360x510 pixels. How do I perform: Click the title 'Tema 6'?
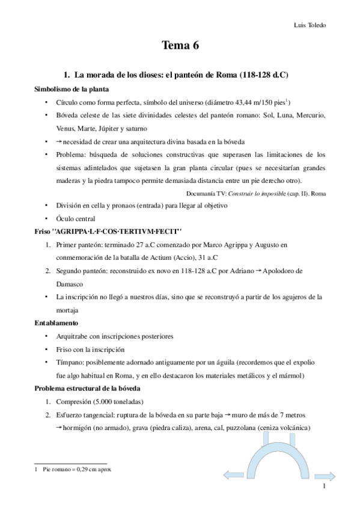click(x=180, y=46)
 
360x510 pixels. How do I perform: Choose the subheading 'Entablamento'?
click(x=55, y=323)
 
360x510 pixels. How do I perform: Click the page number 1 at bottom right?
click(x=324, y=487)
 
